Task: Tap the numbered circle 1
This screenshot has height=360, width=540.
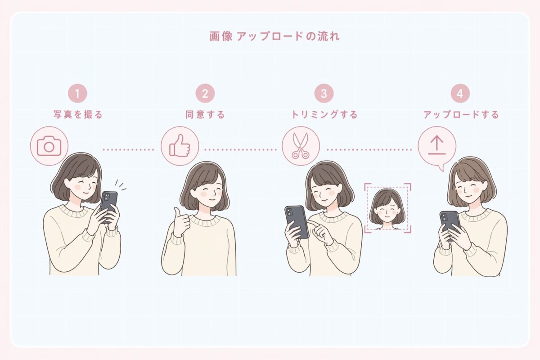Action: [77, 94]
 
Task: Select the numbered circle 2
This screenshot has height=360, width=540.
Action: [205, 94]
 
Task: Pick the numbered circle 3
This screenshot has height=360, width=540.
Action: [324, 94]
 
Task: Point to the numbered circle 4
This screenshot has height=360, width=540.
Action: [459, 94]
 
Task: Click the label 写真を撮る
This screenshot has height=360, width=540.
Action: [78, 115]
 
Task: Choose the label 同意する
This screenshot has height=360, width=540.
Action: [205, 115]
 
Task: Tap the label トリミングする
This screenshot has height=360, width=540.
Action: [324, 115]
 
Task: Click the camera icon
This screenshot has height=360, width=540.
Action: [49, 146]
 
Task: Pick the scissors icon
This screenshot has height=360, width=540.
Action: [301, 146]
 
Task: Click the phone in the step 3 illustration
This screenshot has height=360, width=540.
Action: [297, 220]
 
